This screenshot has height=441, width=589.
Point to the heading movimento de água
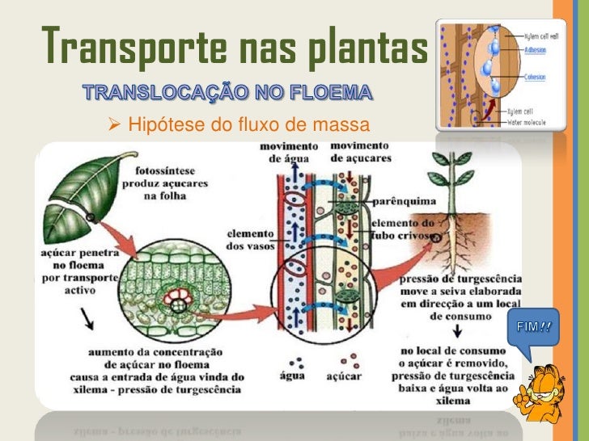pyautogui.click(x=289, y=151)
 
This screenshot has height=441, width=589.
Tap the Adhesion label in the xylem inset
pyautogui.click(x=535, y=48)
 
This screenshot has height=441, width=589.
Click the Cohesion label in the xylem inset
pyautogui.click(x=536, y=78)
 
